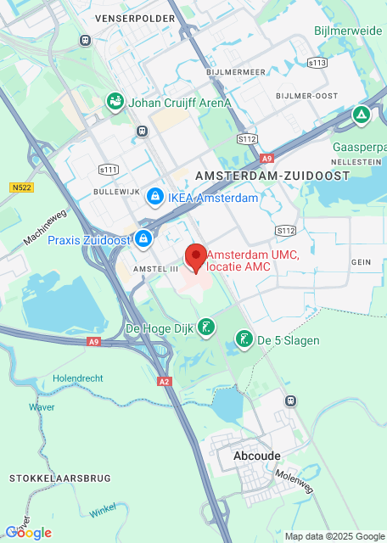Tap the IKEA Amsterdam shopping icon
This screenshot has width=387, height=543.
click(154, 198)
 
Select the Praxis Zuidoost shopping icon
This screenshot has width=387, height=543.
click(143, 239)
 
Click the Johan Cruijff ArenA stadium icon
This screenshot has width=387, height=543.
click(115, 103)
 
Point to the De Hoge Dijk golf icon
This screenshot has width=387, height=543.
click(205, 327)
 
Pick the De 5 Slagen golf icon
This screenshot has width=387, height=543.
click(244, 340)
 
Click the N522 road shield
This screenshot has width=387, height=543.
click(22, 187)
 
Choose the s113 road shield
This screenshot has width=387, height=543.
click(317, 63)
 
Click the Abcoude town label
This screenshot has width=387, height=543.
click(256, 456)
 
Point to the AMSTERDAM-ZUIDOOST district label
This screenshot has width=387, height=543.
click(272, 175)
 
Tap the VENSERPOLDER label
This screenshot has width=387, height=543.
click(128, 17)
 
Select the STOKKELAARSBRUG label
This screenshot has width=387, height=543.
click(59, 479)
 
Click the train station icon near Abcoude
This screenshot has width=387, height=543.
click(290, 400)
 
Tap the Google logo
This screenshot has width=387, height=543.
click(29, 533)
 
